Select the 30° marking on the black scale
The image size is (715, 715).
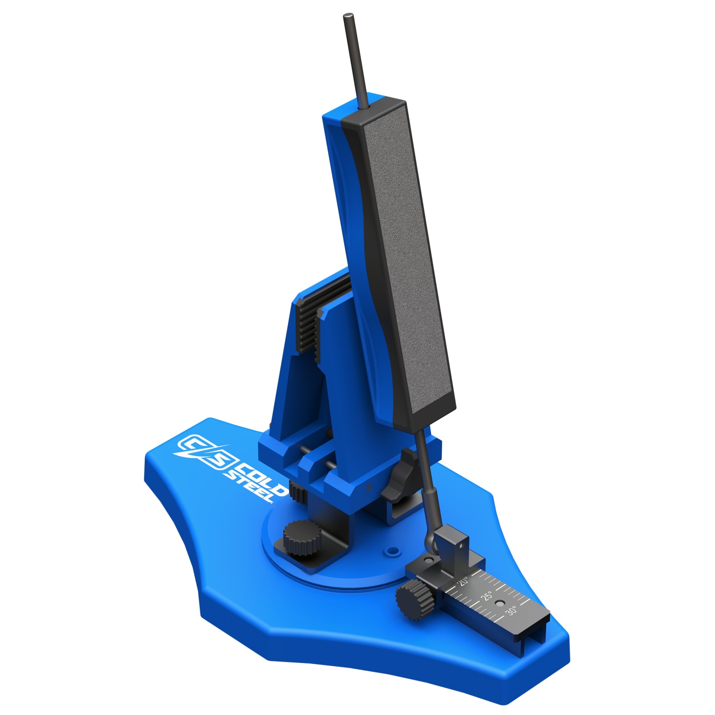511,611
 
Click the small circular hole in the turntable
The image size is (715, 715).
393,550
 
